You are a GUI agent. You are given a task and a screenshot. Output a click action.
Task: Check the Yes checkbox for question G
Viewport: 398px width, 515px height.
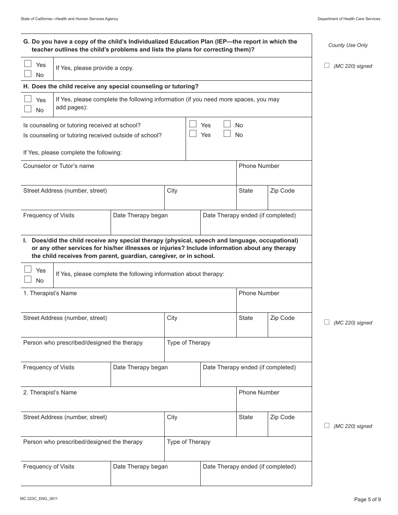(28, 64)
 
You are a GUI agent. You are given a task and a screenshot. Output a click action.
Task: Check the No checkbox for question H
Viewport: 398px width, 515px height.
(28, 109)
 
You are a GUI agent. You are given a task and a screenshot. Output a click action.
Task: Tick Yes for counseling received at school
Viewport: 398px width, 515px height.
(193, 124)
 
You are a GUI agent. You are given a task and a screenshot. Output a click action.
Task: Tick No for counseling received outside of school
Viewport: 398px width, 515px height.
(227, 134)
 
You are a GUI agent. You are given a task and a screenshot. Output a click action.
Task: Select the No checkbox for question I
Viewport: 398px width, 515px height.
(28, 280)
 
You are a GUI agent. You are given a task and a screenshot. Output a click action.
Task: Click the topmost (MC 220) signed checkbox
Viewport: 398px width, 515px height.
(327, 65)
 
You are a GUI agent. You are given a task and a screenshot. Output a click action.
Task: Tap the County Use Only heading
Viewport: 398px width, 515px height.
(348, 45)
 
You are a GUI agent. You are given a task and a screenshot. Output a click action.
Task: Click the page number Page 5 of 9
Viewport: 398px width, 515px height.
(367, 499)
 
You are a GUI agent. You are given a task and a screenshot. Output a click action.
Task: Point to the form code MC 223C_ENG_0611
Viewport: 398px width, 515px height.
(39, 499)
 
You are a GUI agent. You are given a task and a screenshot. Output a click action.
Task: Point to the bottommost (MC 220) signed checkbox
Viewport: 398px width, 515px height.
(327, 425)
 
